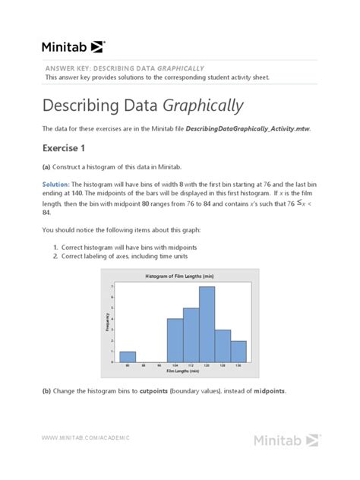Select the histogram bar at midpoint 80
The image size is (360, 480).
click(x=128, y=356)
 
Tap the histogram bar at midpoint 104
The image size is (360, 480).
click(x=175, y=340)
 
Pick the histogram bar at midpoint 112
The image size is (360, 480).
click(x=191, y=335)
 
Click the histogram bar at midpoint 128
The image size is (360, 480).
click(x=223, y=346)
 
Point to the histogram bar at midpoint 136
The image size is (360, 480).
click(x=238, y=351)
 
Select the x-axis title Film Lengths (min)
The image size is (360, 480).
click(x=182, y=371)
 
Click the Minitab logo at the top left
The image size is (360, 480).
click(x=73, y=46)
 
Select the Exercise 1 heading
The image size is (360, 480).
click(x=68, y=147)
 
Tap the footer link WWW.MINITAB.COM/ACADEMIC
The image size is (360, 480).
click(x=86, y=437)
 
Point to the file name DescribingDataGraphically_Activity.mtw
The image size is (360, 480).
click(x=248, y=129)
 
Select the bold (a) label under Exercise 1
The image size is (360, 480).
click(x=47, y=166)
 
